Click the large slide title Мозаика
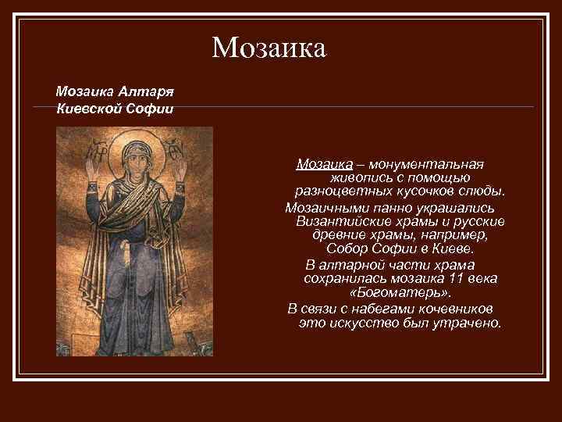pos(268,48)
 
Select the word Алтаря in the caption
pos(144,91)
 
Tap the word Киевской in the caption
pos(85,107)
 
